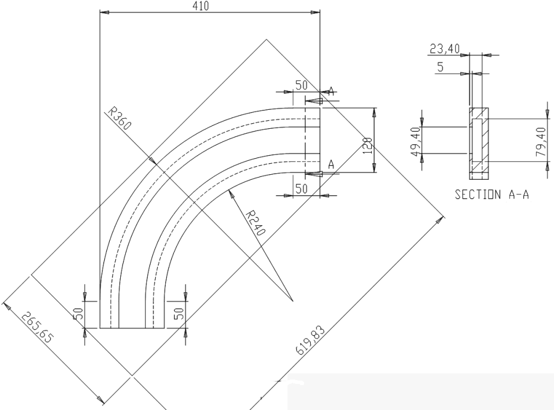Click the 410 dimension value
point(201,6)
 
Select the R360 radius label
point(120,119)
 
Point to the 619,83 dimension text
point(310,340)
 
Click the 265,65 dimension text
point(37,327)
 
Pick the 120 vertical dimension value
point(367,145)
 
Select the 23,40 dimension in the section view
point(444,49)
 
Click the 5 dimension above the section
point(440,67)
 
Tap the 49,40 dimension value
point(416,141)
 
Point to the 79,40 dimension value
point(541,142)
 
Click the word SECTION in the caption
point(478,194)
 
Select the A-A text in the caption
point(519,194)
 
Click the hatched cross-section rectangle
point(479,144)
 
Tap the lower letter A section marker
point(331,164)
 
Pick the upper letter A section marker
point(331,92)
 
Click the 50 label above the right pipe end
point(301,85)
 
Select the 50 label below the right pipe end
point(301,189)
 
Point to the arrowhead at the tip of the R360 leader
point(153,161)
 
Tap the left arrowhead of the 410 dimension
point(104,12)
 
